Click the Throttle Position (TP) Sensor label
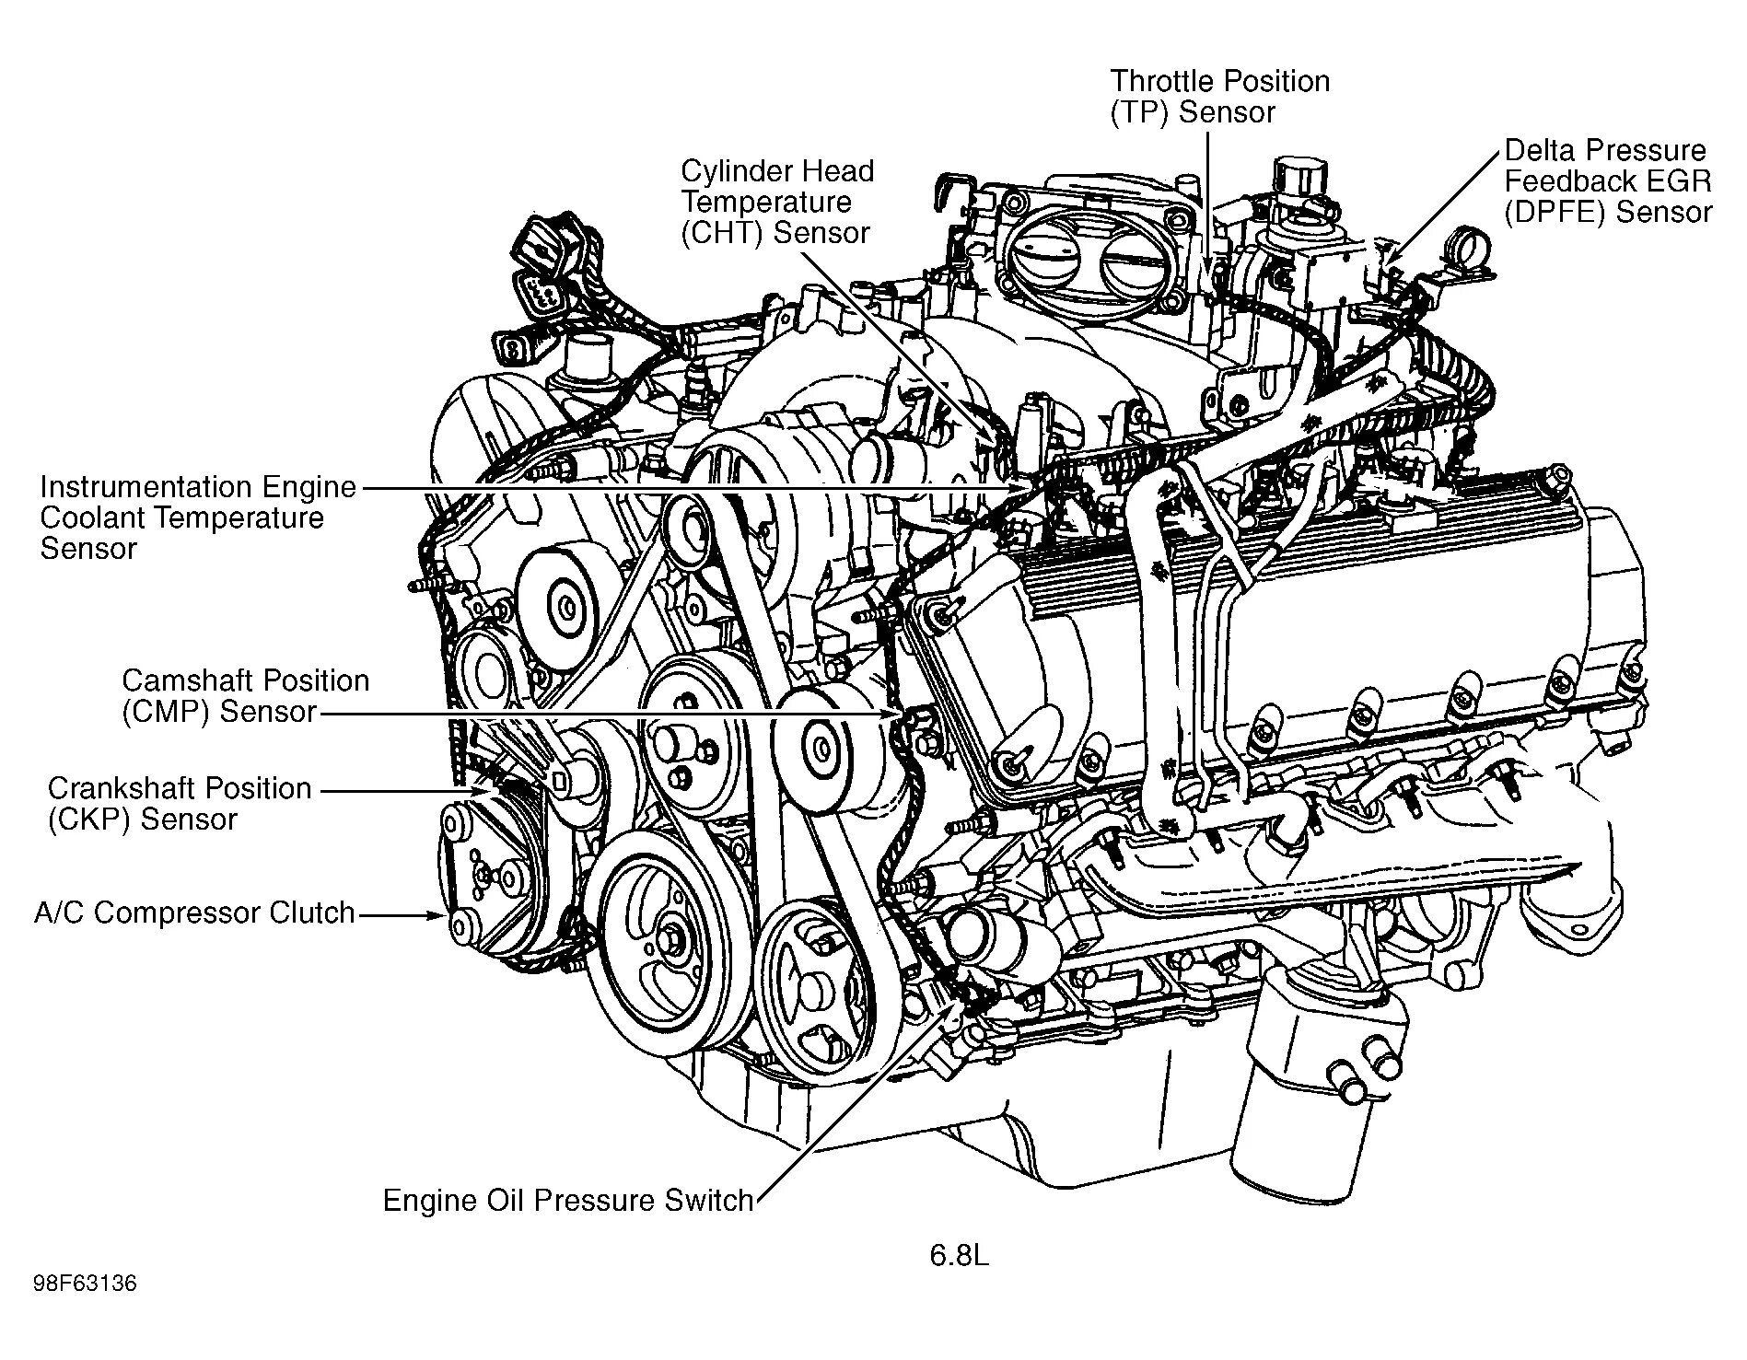click(x=1218, y=97)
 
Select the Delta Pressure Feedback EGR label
click(x=1607, y=181)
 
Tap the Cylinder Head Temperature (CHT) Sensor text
click(x=776, y=202)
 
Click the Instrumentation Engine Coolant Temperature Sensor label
click(x=197, y=517)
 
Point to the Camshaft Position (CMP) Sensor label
click(x=245, y=696)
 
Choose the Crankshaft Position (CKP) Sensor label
click(x=180, y=804)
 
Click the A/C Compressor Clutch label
click(x=194, y=912)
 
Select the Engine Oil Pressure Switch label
click(x=567, y=1201)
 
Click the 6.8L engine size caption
click(x=958, y=1256)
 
